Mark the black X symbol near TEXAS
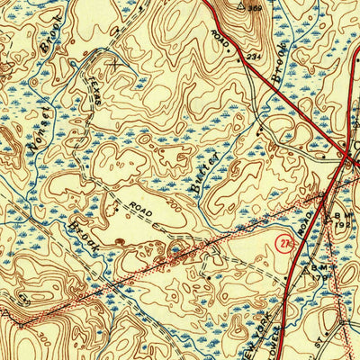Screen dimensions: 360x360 pos(113,64)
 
